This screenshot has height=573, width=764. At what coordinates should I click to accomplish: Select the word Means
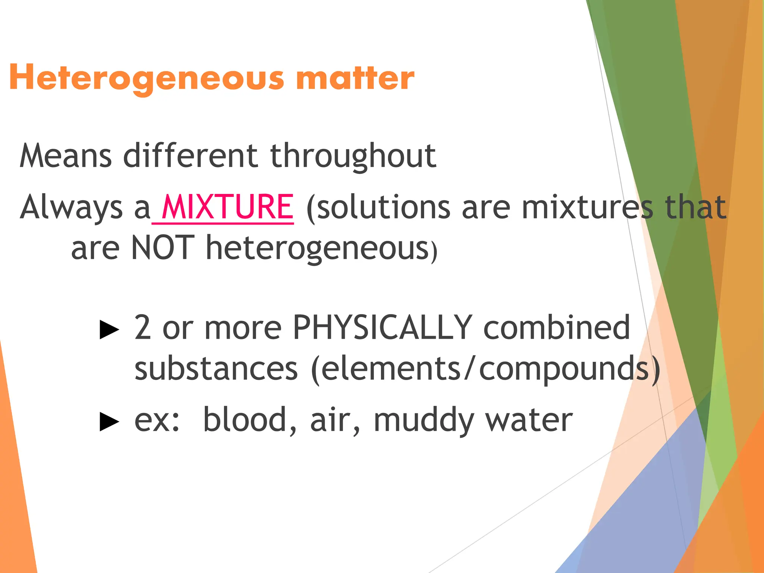coord(66,156)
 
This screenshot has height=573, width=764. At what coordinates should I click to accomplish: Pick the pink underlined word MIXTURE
coord(228,207)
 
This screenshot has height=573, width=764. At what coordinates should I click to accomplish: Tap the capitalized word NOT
coord(163,248)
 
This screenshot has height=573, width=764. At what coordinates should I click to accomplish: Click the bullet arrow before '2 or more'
coord(109,330)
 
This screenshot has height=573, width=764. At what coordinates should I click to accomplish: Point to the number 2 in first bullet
coord(143,328)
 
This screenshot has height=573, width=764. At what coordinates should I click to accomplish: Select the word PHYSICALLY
coord(382,328)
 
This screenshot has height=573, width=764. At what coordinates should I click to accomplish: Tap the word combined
coord(557,328)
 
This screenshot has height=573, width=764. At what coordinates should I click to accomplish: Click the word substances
coord(216,369)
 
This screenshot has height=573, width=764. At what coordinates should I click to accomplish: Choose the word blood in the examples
coord(250,420)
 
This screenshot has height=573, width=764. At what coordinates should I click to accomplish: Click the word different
coord(190,156)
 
